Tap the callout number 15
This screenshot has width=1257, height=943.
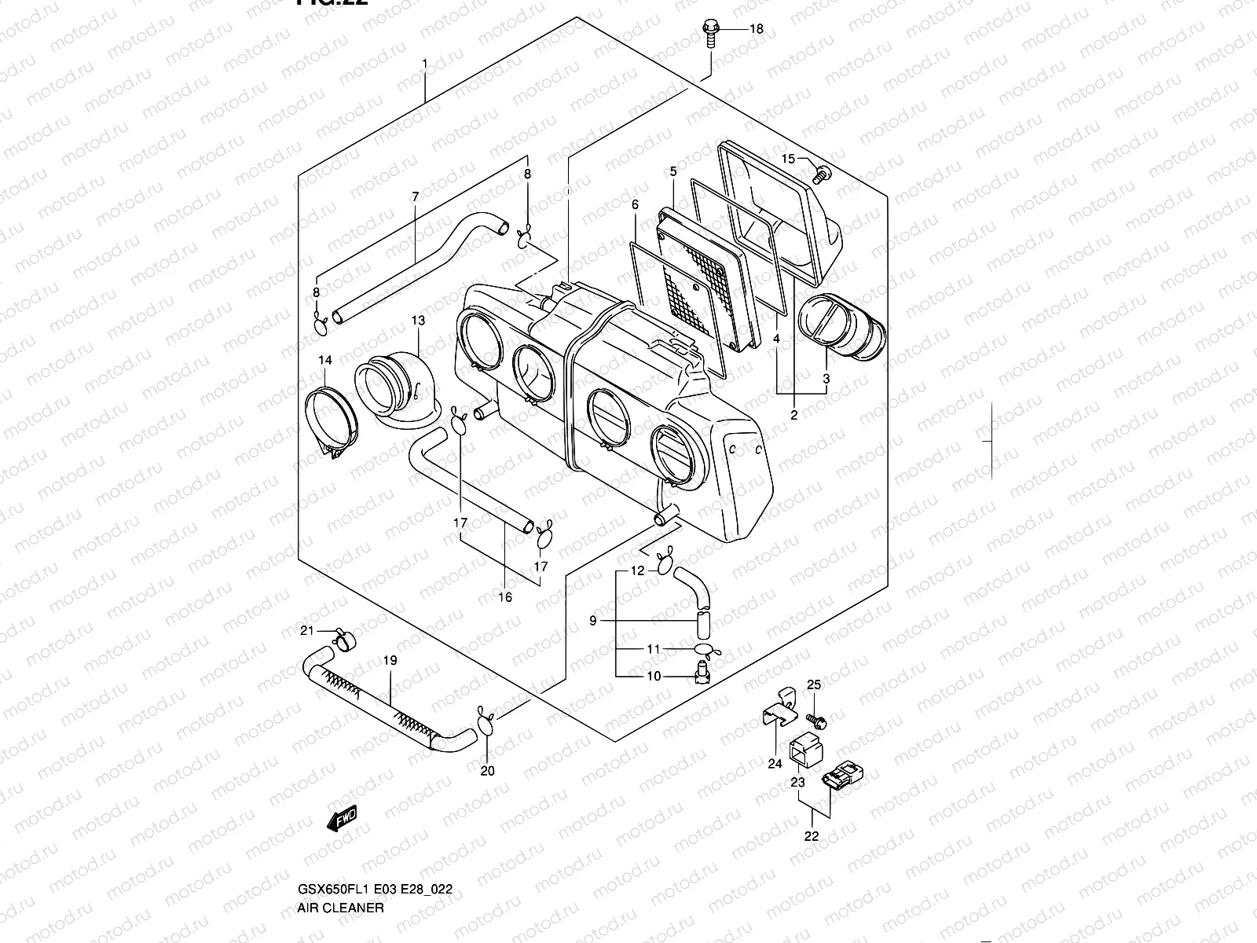click(789, 160)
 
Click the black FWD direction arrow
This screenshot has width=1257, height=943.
click(342, 819)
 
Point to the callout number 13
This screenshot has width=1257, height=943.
click(417, 320)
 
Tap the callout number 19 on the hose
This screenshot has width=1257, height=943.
click(390, 661)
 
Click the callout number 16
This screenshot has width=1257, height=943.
click(505, 597)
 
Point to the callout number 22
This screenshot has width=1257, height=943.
click(812, 836)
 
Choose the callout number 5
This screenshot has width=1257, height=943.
click(673, 171)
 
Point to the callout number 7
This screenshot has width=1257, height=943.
click(415, 196)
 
